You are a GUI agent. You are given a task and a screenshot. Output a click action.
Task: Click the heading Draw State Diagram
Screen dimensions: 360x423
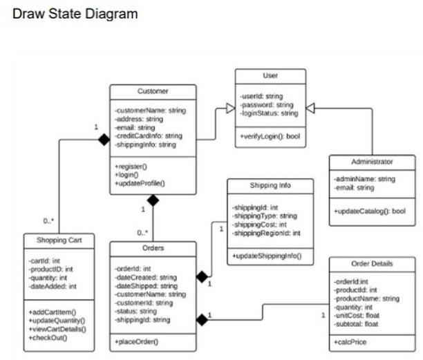(75, 14)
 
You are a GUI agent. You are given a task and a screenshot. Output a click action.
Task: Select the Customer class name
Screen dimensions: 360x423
(153, 91)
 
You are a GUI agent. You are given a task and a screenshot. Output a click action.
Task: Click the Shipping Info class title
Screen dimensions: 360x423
(270, 186)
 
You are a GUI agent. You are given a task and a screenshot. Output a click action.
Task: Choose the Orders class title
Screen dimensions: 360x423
(152, 247)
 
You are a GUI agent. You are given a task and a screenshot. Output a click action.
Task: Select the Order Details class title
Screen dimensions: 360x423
(372, 263)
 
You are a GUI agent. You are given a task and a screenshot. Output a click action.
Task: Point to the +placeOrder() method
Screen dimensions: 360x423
(137, 341)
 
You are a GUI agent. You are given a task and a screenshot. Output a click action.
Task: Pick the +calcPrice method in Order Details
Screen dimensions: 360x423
(352, 341)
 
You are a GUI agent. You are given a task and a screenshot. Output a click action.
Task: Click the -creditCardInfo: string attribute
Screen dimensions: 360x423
(148, 136)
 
